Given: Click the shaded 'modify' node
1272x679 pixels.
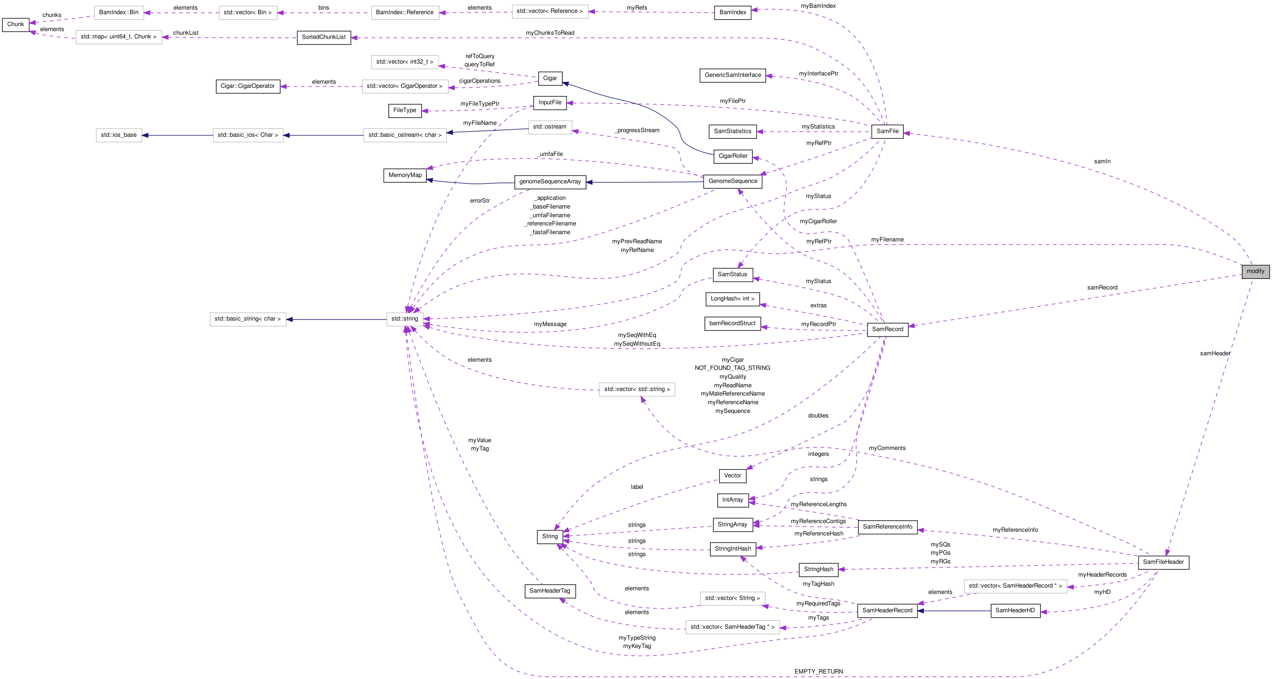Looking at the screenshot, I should pyautogui.click(x=1255, y=271).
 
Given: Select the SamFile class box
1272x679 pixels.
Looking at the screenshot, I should pyautogui.click(x=887, y=131).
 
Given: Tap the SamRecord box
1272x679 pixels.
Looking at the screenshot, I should pyautogui.click(x=887, y=329).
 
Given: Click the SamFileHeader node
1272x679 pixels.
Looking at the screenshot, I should pyautogui.click(x=1163, y=562).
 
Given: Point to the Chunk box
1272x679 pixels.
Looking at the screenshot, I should pyautogui.click(x=16, y=24).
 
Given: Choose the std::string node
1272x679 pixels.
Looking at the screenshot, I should pyautogui.click(x=404, y=319).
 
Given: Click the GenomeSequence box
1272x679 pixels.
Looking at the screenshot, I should pyautogui.click(x=732, y=182).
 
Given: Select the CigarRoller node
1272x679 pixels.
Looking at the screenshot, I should pyautogui.click(x=732, y=156).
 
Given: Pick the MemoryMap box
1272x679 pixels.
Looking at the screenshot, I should pyautogui.click(x=405, y=176).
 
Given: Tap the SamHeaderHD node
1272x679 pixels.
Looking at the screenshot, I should pyautogui.click(x=1015, y=610).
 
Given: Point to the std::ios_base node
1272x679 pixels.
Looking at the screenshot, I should pyautogui.click(x=118, y=135).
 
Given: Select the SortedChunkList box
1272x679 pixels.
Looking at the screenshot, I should pyautogui.click(x=323, y=37).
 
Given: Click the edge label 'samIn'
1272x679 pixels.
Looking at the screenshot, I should pyautogui.click(x=1102, y=161).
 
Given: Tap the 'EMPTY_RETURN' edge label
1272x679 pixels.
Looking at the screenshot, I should pyautogui.click(x=818, y=671).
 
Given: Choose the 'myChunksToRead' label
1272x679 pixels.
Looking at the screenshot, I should pyautogui.click(x=550, y=33).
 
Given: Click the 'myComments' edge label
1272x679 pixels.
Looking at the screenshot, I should pyautogui.click(x=887, y=448).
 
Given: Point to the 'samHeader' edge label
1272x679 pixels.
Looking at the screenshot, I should pyautogui.click(x=1215, y=353).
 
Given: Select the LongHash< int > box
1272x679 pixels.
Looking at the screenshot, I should pyautogui.click(x=732, y=299).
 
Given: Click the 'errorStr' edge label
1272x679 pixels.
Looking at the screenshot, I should pyautogui.click(x=479, y=201).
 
